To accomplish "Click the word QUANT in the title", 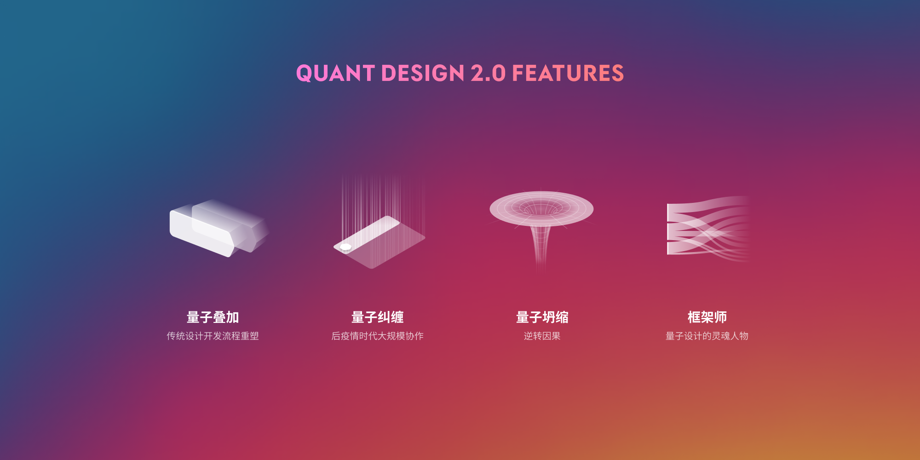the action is [335, 74].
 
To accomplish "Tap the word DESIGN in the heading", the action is [423, 73].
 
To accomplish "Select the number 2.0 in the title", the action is [488, 73].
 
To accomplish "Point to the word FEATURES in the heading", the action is [568, 73].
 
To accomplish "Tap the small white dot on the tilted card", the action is [345, 247].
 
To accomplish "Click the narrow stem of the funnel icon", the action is [541, 248].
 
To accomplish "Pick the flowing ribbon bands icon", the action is [708, 229].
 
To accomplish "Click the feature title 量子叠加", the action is [213, 317].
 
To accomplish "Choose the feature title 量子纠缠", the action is [378, 317].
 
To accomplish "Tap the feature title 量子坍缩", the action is [542, 317].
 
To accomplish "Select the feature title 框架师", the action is [707, 317].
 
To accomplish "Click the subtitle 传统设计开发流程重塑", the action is [213, 336].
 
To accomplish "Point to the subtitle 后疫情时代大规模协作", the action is [378, 336].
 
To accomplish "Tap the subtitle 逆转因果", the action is [542, 336].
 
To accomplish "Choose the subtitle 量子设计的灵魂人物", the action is [707, 336].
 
